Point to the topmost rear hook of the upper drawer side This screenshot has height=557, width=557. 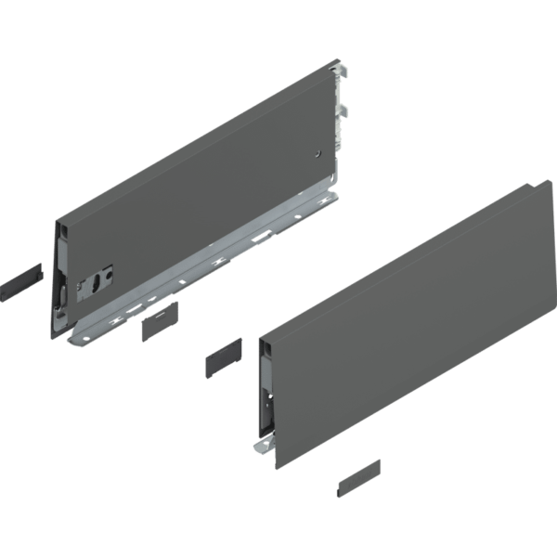(x=344, y=73)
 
